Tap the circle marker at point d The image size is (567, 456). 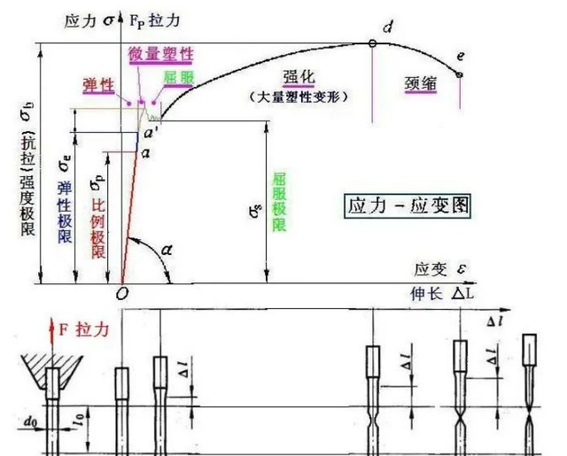373,43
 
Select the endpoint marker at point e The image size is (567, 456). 460,74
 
